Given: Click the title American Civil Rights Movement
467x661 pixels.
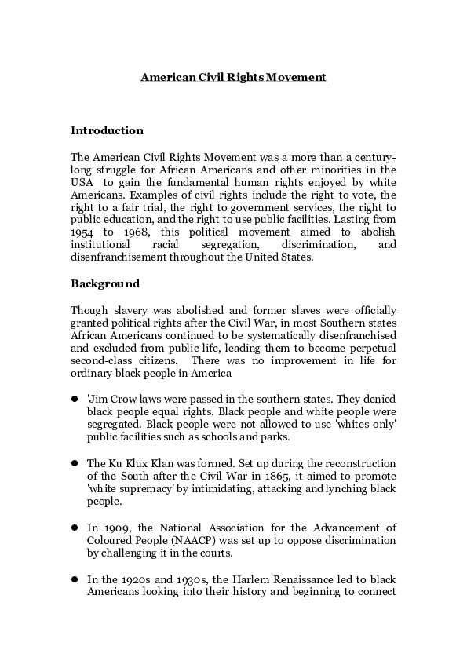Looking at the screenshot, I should pos(233,78).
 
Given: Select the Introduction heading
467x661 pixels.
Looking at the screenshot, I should pos(107,130).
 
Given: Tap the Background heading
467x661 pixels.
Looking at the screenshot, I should pos(105,283).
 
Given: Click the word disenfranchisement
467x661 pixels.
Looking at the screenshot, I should pos(119,256).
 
